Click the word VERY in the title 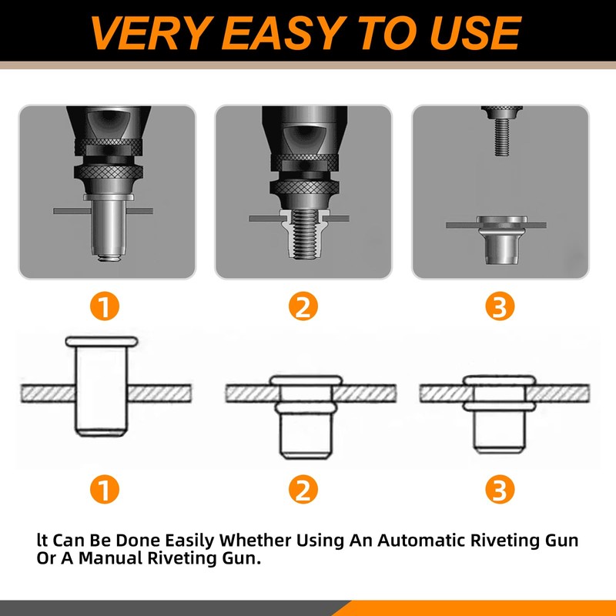click(x=149, y=33)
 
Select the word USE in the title click(x=475, y=33)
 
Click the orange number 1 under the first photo click(x=105, y=306)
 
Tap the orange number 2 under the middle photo click(x=303, y=306)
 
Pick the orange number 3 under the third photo click(x=500, y=306)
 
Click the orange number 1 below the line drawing click(x=105, y=489)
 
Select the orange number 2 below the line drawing click(x=303, y=489)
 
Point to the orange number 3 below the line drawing click(x=500, y=489)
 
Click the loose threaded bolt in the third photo click(x=502, y=131)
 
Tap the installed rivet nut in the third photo click(x=502, y=239)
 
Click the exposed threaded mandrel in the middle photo click(x=304, y=234)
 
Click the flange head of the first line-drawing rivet click(x=102, y=341)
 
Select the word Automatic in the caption click(x=422, y=541)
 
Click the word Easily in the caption click(x=189, y=541)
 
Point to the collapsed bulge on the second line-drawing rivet click(x=305, y=408)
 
